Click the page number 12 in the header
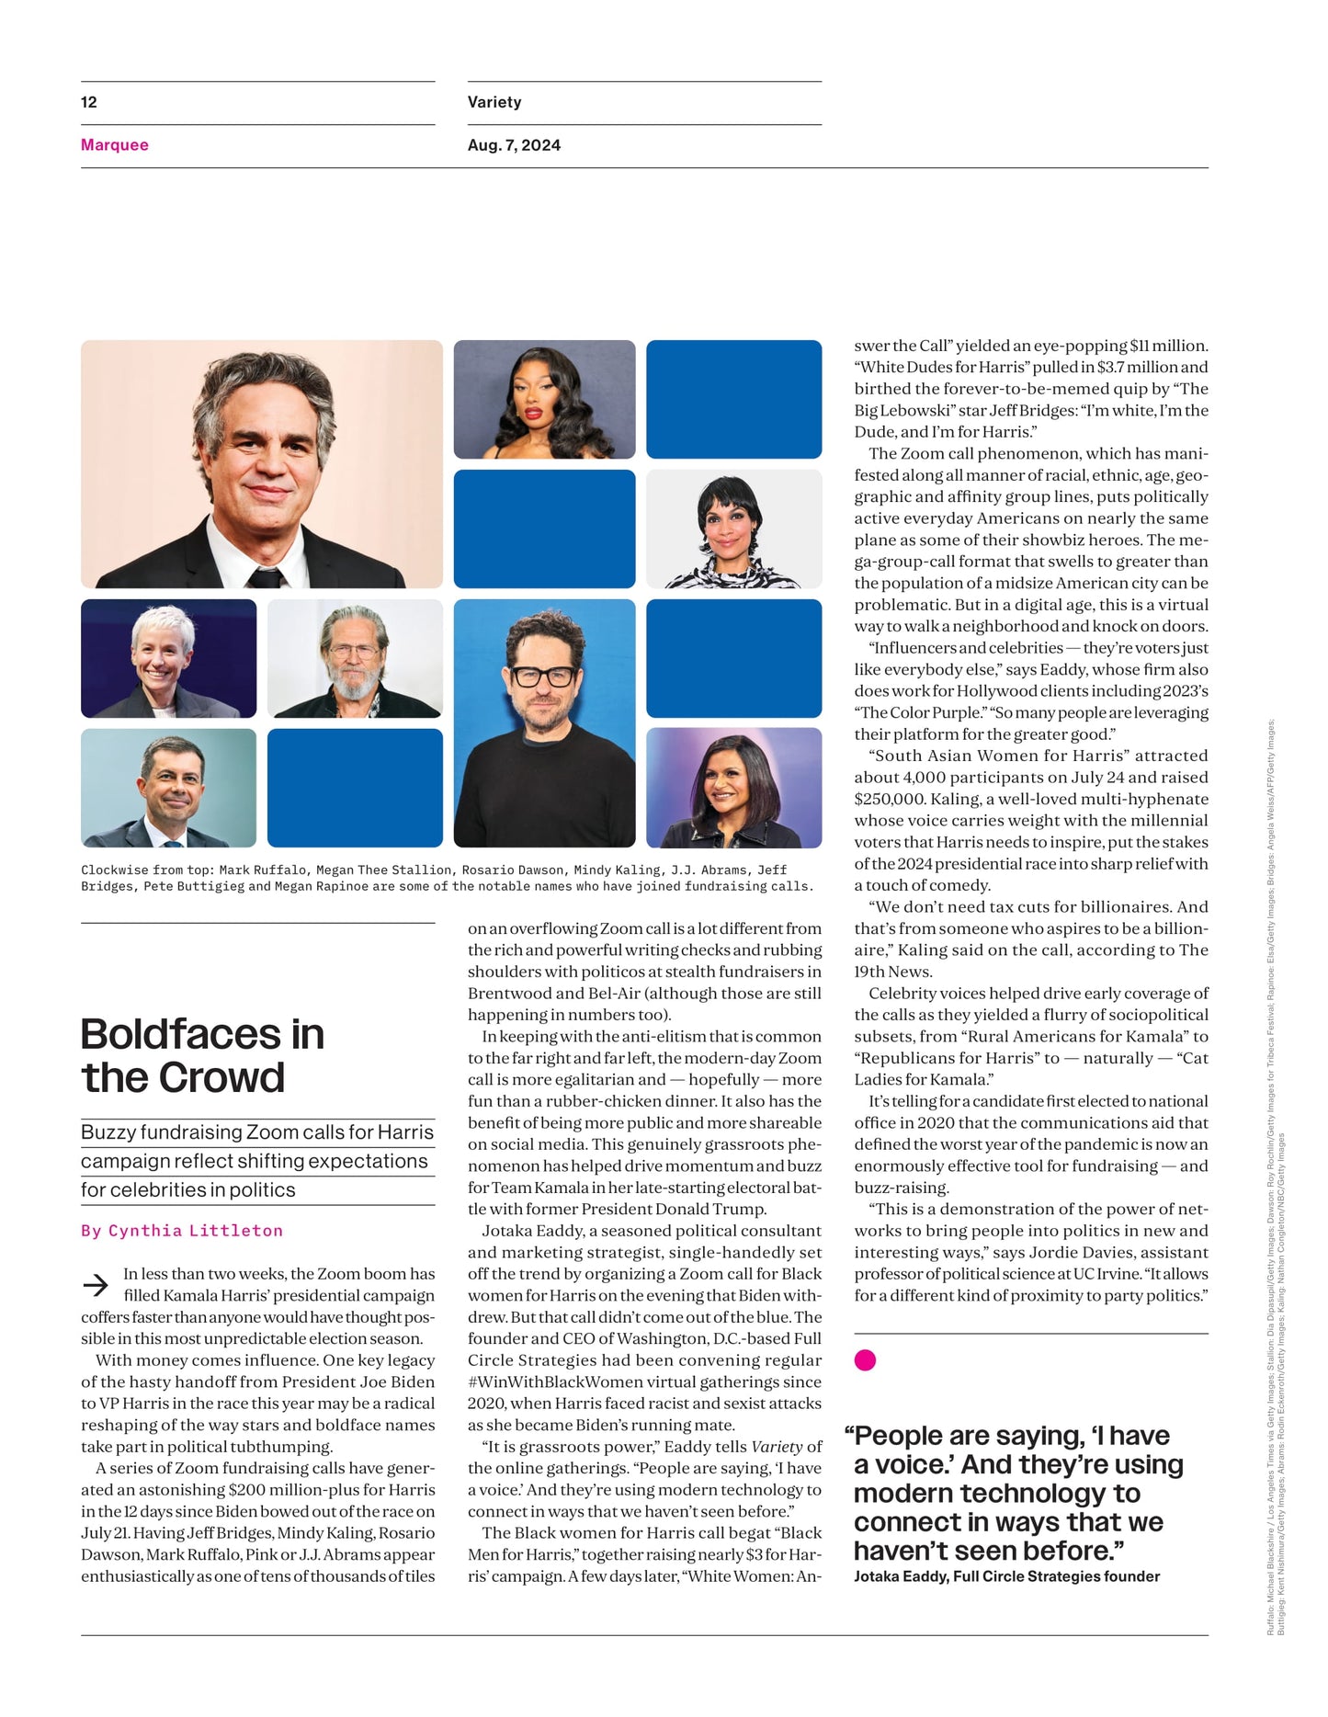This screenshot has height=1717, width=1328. pos(89,102)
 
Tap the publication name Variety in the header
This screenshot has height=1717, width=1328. pos(494,102)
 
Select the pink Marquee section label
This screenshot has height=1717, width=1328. pos(115,145)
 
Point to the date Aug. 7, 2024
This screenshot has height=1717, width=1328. pos(514,145)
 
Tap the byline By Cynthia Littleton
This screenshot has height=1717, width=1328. pos(182,1231)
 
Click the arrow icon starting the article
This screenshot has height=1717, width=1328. pos(96,1284)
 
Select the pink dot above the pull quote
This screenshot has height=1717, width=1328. pos(865,1360)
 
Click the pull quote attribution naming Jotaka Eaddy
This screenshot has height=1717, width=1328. pos(1006,1576)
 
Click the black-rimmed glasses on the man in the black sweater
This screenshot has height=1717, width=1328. pos(544,677)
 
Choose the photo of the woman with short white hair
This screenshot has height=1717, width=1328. pos(168,658)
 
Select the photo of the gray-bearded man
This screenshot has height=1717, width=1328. pos(355,658)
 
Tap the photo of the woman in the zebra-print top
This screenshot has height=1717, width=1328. pos(733,529)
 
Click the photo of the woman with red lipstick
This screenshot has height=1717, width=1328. pos(544,399)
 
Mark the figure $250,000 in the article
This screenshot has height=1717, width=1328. pos(893,800)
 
